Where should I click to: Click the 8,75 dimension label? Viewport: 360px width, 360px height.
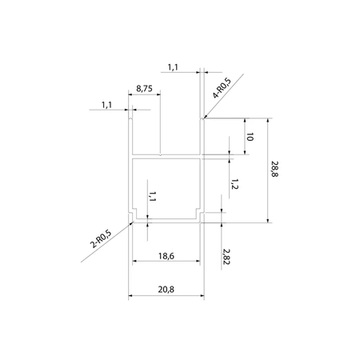[144, 89]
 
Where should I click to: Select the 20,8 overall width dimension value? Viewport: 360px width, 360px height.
[166, 290]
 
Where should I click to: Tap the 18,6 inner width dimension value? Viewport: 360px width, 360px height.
[166, 256]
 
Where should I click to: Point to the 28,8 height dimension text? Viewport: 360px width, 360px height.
[274, 169]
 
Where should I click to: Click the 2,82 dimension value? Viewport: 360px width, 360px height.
[226, 257]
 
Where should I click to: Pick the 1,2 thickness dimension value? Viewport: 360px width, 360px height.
[234, 184]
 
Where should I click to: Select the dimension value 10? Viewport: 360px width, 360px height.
[250, 137]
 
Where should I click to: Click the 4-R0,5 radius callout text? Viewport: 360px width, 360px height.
[222, 88]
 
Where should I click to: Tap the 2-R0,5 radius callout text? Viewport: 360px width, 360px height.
[101, 238]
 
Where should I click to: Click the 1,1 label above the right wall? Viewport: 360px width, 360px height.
[173, 67]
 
